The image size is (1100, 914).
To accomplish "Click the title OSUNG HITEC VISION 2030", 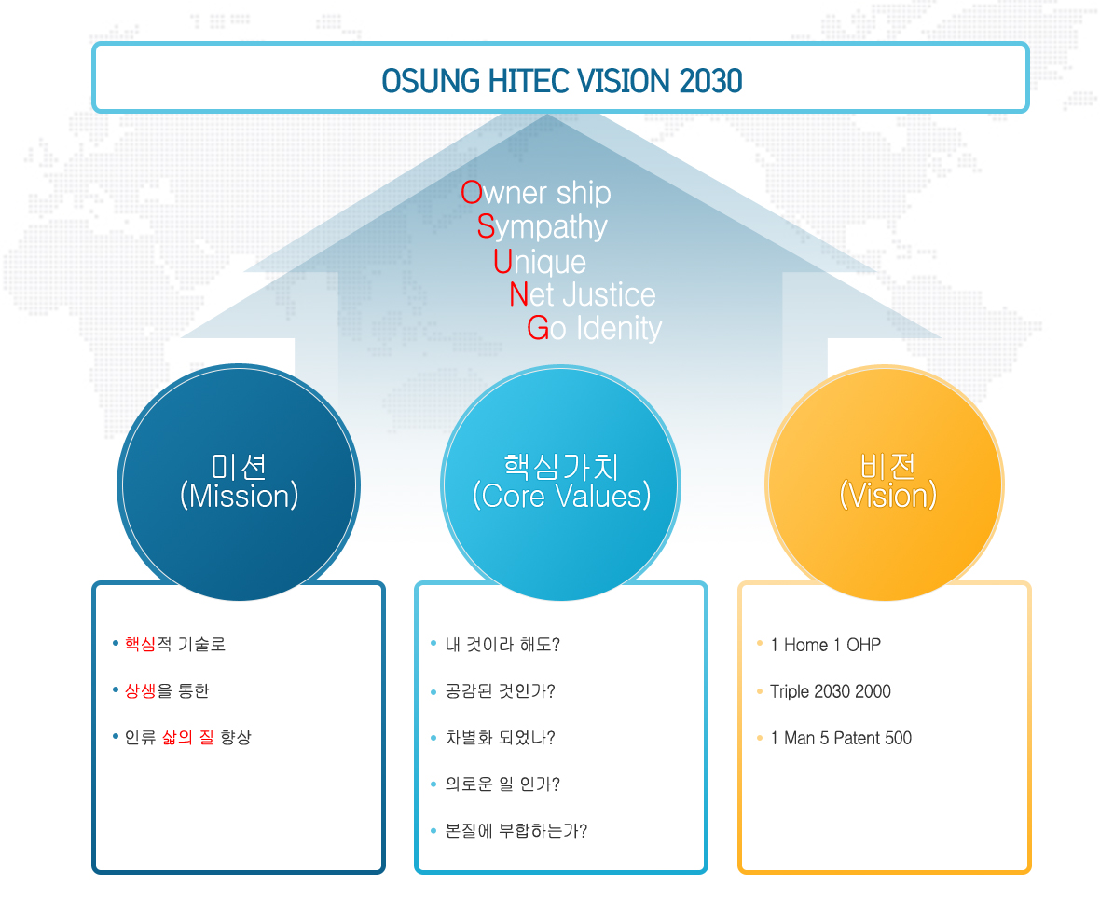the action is coord(562,81).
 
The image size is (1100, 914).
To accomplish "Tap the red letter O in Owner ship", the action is coord(472,193).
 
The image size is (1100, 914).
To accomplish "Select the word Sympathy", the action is coord(543,227).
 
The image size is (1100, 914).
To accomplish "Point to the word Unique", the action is coord(540,262).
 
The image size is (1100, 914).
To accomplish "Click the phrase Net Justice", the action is coord(583,294).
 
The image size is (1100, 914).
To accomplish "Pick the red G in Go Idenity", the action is coord(537,327).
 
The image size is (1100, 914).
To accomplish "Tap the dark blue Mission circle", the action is coord(239,483).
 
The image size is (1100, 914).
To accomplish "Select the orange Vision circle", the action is coord(885,483).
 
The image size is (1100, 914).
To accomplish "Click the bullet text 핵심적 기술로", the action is coord(175,644).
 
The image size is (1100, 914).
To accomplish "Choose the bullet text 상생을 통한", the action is coord(167,691).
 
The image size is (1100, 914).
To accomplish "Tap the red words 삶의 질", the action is coord(188,737).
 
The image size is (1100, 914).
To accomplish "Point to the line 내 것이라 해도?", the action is coord(502,645).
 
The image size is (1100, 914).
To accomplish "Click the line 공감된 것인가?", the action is coord(501,692).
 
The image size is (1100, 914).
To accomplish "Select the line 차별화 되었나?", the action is coord(501,738).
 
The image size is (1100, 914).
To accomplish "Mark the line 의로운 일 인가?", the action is coord(502,784).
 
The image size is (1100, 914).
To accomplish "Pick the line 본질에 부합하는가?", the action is coord(516,831).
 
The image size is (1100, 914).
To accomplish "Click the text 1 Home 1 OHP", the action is coord(826,645).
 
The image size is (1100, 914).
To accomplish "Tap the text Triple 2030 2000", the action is coord(831,692).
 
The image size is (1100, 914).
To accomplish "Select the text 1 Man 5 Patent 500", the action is coord(841,738).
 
